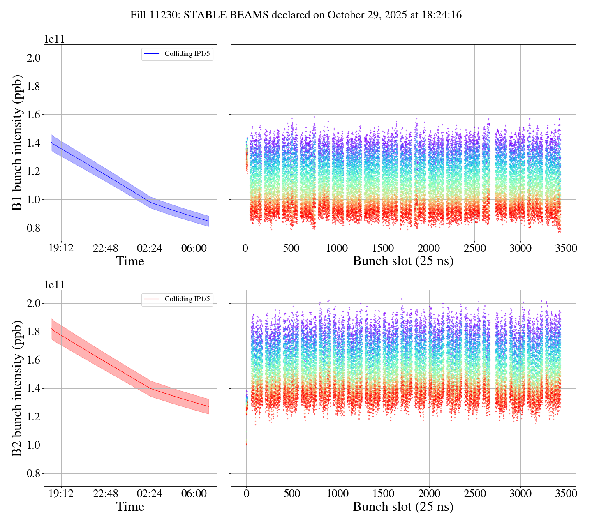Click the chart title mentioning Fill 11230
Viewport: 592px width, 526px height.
coord(296,15)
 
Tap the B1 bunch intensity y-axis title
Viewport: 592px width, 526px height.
coord(17,143)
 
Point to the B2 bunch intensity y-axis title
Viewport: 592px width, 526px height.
coord(17,388)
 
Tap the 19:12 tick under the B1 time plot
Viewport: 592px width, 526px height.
coord(61,248)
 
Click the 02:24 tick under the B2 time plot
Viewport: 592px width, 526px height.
coord(150,494)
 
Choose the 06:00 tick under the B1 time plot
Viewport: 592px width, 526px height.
coord(194,248)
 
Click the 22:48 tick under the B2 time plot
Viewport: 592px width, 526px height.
coord(105,494)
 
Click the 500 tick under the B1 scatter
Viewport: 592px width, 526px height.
coord(291,248)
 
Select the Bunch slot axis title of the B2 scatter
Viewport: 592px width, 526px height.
coord(403,507)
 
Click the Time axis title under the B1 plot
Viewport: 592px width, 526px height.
coord(130,261)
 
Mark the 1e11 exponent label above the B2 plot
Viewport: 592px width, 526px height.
coord(54,285)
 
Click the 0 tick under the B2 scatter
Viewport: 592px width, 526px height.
coord(246,494)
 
